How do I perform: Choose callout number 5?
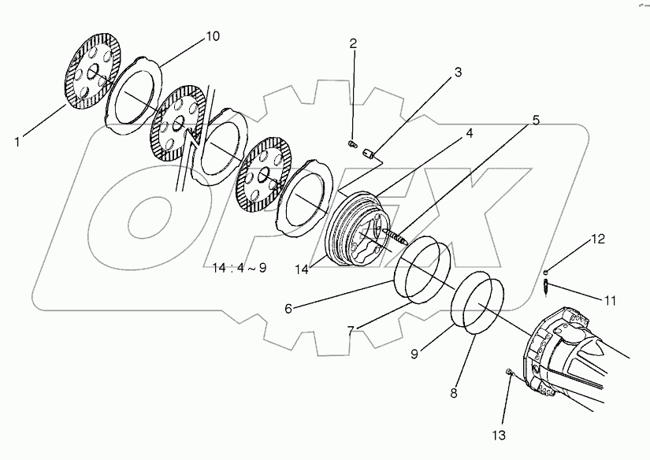535,121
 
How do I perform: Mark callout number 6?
288,308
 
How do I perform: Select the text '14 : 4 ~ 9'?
240,267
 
